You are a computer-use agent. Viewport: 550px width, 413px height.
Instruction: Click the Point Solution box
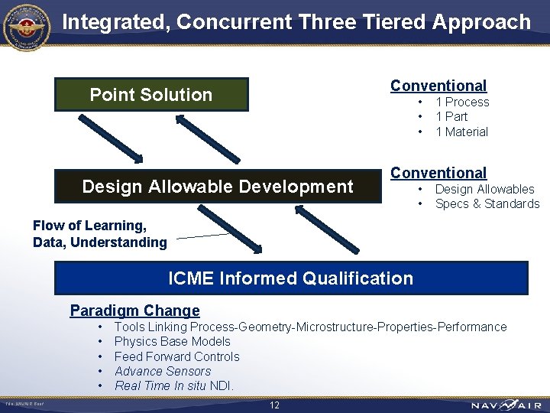click(151, 95)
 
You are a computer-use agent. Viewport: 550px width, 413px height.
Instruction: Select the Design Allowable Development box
click(218, 187)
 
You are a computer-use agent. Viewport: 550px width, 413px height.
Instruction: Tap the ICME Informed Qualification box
click(290, 278)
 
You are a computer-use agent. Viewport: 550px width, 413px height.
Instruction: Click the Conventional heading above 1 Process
click(438, 86)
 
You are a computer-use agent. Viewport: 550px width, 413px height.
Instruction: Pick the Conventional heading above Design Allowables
click(438, 173)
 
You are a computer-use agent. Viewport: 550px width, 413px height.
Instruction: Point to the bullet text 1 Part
click(451, 116)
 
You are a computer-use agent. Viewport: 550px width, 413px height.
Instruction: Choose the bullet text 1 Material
click(461, 132)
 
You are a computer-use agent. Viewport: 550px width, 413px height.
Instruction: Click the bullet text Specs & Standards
click(487, 203)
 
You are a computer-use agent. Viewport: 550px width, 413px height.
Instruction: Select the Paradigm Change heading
click(134, 311)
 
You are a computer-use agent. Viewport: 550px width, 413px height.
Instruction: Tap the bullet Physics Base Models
click(172, 341)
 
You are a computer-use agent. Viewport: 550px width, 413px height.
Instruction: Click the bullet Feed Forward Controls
click(176, 356)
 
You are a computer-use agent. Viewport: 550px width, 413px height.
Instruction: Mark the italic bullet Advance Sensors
click(163, 371)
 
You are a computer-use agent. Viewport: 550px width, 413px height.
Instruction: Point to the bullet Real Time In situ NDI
click(174, 385)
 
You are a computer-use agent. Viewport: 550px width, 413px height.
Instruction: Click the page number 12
click(274, 405)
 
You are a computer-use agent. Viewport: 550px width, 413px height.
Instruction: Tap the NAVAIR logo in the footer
click(506, 405)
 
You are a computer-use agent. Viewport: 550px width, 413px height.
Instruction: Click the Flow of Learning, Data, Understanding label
click(99, 234)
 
